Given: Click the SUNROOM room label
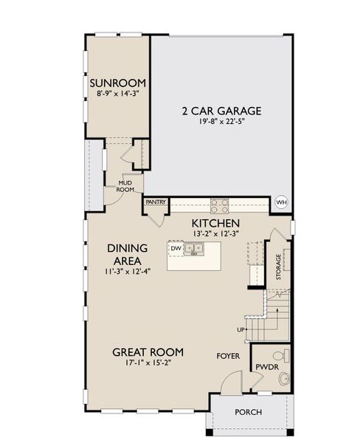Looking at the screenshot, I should coord(118,83).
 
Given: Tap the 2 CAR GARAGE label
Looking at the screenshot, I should coord(222,111).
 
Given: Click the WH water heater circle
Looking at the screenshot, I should coord(281,202).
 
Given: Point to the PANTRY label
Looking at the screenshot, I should coord(155,202).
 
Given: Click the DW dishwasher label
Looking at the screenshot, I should coord(176,249).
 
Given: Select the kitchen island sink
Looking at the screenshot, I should coord(195,249).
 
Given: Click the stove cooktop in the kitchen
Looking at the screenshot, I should coord(219,206).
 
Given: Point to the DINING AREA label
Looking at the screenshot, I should coord(128,255).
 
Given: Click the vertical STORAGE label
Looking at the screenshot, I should coord(278,267).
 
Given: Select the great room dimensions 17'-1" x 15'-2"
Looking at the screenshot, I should coord(148,363).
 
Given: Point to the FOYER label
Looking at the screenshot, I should coord(228,355).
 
